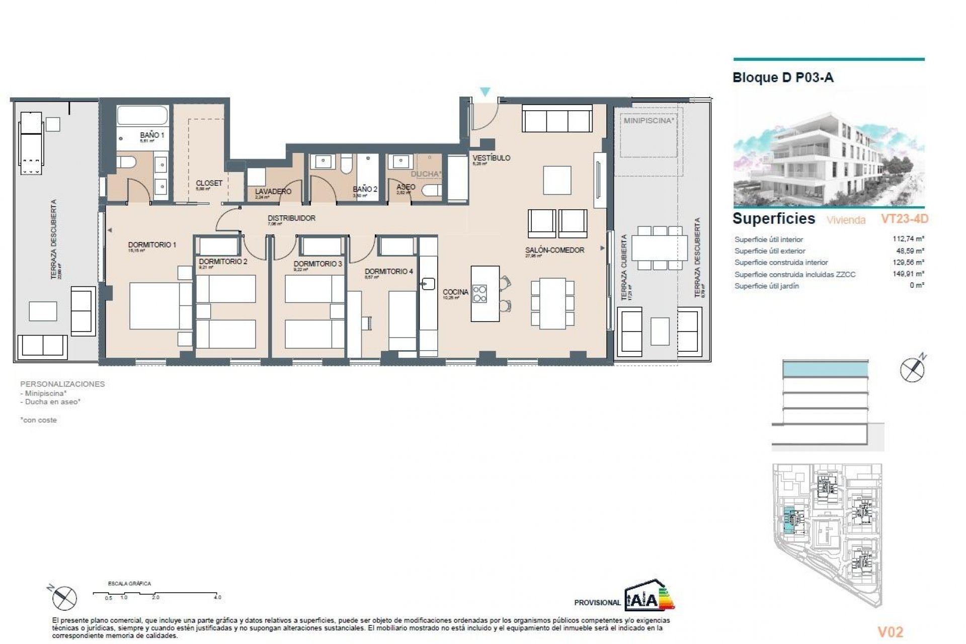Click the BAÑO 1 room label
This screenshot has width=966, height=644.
click(151, 135)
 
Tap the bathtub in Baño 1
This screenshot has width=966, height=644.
click(142, 116)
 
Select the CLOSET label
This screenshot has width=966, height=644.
click(209, 183)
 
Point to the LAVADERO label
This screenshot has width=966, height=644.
click(273, 191)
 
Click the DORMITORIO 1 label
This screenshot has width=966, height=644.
click(152, 245)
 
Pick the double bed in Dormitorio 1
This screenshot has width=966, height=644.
click(160, 306)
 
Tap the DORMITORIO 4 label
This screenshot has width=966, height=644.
click(388, 271)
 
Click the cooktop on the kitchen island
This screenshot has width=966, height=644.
click(479, 293)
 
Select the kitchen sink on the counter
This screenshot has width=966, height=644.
click(428, 284)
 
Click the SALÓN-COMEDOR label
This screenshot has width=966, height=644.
click(554, 250)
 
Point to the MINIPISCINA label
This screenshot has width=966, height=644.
click(649, 121)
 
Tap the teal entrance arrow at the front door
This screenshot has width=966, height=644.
click(485, 92)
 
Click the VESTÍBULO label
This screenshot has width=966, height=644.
click(491, 158)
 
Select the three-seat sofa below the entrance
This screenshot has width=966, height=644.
click(557, 119)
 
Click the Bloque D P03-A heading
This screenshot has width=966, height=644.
click(783, 77)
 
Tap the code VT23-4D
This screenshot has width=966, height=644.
click(904, 219)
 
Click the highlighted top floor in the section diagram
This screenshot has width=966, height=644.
click(825, 370)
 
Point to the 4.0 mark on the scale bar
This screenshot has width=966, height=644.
click(217, 597)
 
